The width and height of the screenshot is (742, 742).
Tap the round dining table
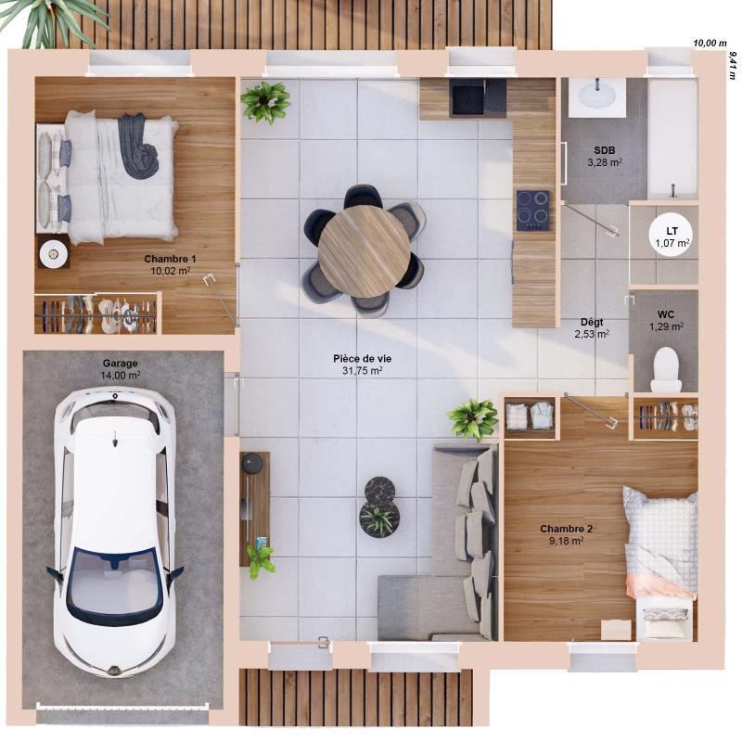[x=364, y=250]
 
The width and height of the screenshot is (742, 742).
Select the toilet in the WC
[x=666, y=370]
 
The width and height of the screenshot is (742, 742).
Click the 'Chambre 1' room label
[x=170, y=259]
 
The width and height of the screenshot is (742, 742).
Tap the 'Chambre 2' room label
[x=566, y=529]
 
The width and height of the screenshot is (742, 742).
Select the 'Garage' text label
[x=120, y=364]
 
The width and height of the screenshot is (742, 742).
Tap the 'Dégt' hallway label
[x=591, y=322]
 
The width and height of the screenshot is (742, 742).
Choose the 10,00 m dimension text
[x=710, y=43]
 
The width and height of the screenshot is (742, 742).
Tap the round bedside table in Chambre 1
[x=53, y=251]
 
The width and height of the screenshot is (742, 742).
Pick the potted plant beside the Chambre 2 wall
[x=474, y=419]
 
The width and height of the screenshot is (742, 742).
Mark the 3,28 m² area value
[x=605, y=162]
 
